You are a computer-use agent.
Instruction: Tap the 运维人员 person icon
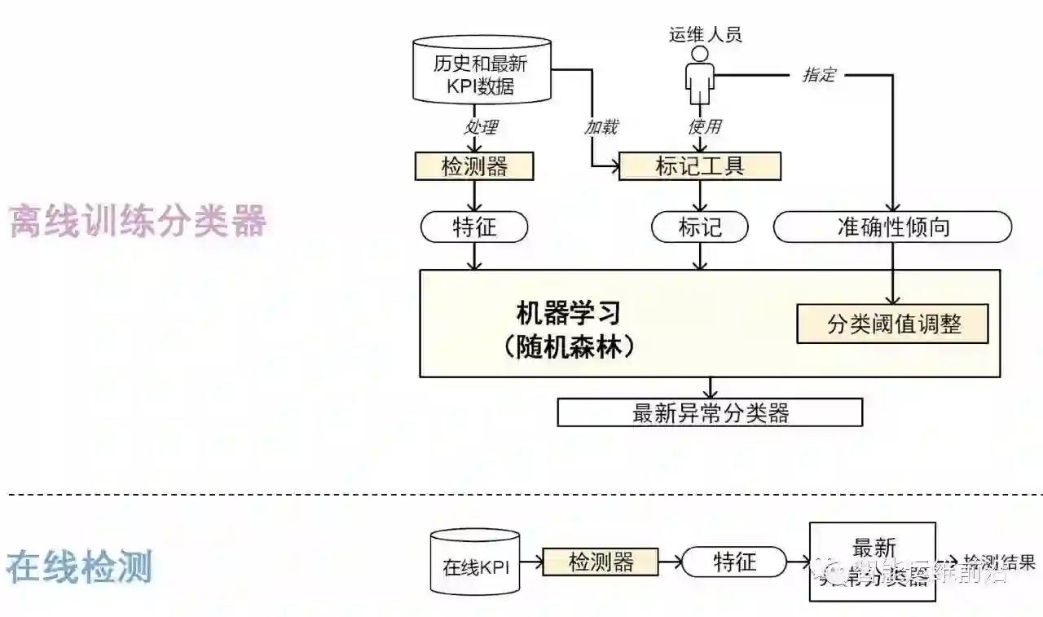pos(697,75)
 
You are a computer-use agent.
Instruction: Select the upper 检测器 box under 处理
pos(474,167)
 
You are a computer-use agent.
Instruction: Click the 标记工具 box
pos(700,167)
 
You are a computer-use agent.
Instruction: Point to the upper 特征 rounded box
pos(474,227)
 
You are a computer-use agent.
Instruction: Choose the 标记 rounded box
pos(700,227)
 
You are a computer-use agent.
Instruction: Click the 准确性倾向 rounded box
pos(893,227)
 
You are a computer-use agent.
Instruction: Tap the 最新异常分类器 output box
pos(710,412)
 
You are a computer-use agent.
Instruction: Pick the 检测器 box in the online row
pos(601,562)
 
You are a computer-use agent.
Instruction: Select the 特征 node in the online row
pos(734,562)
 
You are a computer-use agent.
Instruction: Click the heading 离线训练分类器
pos(138,221)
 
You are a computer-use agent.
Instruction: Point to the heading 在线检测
pos(80,566)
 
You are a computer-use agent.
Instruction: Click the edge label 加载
pos(601,126)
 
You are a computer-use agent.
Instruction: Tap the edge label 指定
pos(819,75)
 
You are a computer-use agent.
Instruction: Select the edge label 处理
pos(481,127)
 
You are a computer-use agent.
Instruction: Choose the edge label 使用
pos(704,126)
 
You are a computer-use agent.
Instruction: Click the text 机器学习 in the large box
pos(569,312)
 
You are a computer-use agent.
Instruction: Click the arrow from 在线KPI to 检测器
pos(531,562)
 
